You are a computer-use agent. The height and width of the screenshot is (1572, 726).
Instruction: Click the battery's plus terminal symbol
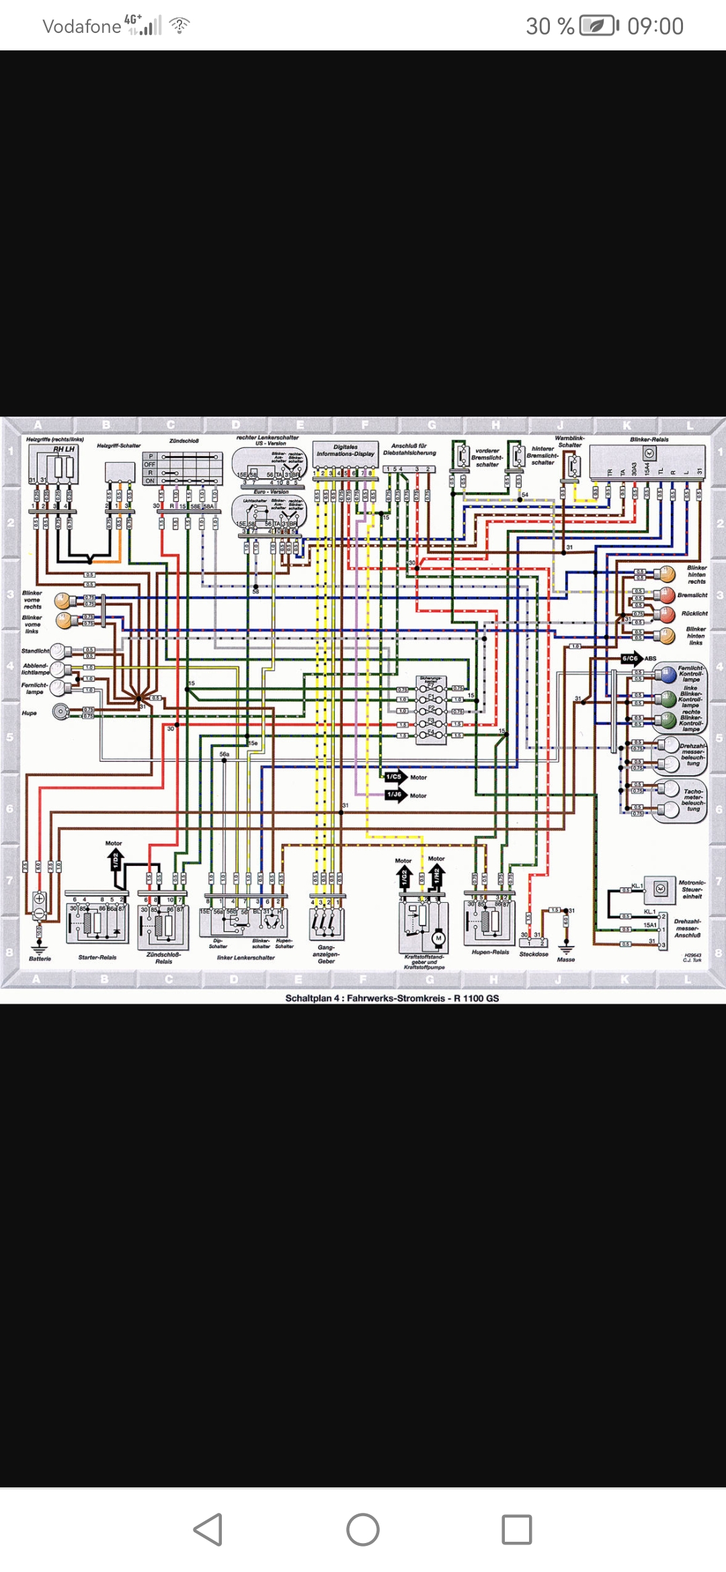point(39,898)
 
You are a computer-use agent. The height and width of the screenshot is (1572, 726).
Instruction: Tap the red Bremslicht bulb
point(665,595)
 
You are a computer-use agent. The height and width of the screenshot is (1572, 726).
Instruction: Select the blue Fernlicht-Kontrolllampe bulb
point(667,674)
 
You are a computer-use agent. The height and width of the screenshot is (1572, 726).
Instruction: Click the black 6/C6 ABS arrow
point(631,658)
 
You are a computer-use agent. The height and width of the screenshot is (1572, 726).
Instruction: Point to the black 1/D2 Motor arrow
point(115,859)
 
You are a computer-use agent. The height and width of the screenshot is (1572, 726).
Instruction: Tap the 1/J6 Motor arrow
point(396,795)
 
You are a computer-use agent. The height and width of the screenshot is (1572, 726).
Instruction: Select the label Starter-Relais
point(97,957)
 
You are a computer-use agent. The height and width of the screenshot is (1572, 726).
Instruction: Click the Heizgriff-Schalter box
point(120,472)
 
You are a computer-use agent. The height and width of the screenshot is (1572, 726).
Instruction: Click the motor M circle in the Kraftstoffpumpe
point(439,938)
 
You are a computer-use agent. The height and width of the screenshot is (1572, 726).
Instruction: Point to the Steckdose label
point(534,954)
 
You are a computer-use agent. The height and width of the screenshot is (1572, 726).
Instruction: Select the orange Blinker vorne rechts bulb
point(64,600)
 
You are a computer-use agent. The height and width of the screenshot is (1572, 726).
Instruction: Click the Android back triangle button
point(208,1530)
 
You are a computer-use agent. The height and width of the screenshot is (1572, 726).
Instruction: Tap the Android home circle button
point(363,1530)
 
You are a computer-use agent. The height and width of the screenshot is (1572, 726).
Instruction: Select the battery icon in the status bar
point(598,26)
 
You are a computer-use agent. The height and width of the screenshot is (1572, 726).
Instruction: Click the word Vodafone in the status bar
point(81,27)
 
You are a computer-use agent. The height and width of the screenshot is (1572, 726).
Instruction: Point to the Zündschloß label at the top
point(184,441)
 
